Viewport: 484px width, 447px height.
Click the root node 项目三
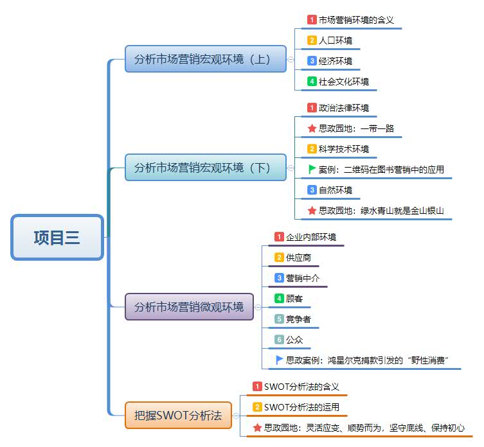tap(57, 238)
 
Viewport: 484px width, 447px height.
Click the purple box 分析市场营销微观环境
tap(190, 307)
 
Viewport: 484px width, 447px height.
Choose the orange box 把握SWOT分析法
tap(178, 416)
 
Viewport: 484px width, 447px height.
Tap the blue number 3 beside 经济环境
tap(312, 61)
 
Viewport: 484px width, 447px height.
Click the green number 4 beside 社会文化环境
tap(312, 82)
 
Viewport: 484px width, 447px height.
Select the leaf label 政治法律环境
tap(344, 107)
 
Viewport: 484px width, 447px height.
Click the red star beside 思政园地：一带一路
tap(312, 128)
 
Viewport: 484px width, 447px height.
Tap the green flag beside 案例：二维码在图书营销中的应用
tap(312, 170)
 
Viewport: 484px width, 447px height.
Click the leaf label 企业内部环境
tap(310, 236)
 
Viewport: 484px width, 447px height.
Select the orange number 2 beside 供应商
tap(279, 257)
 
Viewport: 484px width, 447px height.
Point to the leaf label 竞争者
tap(299, 319)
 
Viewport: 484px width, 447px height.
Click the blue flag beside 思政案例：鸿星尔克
tap(279, 360)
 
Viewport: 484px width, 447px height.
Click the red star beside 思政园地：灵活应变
tap(257, 428)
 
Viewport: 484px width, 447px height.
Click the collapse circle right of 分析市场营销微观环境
tap(258, 307)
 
